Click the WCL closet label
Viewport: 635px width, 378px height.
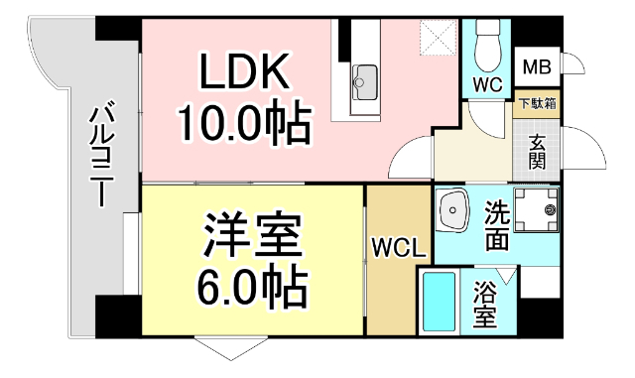pos(394,245)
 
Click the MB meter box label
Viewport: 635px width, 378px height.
pos(536,67)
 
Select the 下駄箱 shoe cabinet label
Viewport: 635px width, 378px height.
pos(537,103)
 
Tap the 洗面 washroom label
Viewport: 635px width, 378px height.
pos(496,225)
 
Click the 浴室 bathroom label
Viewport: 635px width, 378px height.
pos(485,305)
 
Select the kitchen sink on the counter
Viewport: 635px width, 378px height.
pos(366,76)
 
